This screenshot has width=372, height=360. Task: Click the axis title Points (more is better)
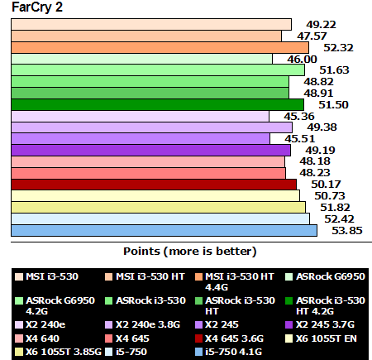coord(190,250)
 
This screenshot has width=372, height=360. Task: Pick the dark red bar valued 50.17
coord(154,184)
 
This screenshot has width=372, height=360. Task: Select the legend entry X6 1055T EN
coord(323,338)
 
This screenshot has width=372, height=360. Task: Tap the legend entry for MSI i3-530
coord(47,276)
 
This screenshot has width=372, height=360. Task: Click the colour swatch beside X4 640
coord(17,338)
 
